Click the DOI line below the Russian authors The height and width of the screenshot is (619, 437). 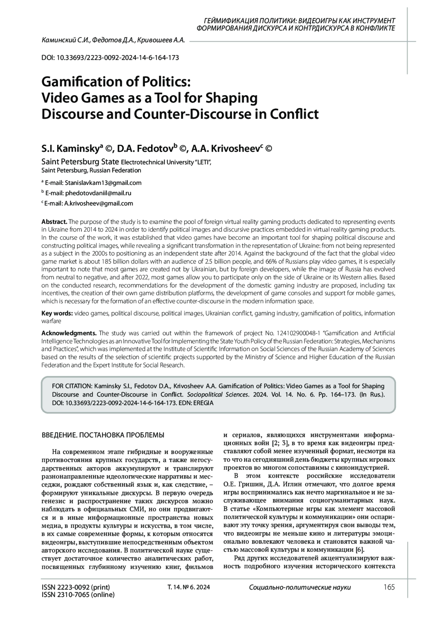[110, 58]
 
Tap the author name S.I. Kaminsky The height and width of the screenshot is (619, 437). [70, 148]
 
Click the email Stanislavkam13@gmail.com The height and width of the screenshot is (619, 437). [103, 183]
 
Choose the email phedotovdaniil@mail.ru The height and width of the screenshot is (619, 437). [98, 193]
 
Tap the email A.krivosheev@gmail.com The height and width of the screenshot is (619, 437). [98, 203]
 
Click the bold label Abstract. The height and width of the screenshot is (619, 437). [54, 222]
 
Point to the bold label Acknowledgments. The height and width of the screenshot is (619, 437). [69, 333]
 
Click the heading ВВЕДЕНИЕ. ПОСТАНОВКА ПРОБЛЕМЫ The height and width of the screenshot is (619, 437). [103, 435]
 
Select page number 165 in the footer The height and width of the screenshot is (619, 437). [389, 587]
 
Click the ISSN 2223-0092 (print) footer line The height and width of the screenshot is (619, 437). [76, 587]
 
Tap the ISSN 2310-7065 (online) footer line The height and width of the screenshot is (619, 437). [78, 595]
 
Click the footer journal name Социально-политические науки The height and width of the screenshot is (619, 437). [300, 587]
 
